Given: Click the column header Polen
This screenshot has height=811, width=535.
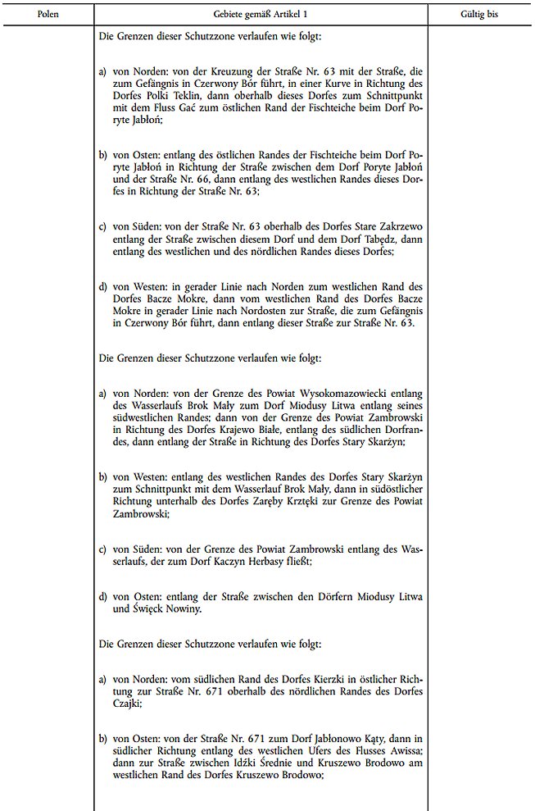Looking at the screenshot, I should [48, 15].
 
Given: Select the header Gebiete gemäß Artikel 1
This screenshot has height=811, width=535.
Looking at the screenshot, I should [261, 15].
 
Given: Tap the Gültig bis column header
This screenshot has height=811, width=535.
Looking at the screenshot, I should [480, 15].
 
